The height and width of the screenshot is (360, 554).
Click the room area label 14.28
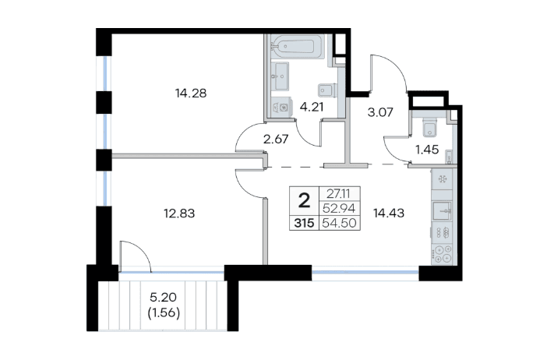[191, 94]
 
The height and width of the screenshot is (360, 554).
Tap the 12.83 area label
[179, 214]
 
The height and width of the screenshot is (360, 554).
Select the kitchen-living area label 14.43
[389, 213]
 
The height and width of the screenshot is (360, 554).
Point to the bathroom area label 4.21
[312, 107]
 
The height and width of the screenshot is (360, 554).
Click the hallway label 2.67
[276, 139]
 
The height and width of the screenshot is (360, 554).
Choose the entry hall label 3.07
[380, 112]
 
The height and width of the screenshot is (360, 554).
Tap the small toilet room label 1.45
[427, 150]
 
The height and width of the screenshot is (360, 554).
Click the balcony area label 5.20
[163, 298]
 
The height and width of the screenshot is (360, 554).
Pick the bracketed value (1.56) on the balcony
[164, 312]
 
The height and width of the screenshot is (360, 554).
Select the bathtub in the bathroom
[298, 47]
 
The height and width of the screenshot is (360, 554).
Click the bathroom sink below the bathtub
[281, 76]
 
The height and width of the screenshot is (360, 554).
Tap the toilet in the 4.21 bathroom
[326, 90]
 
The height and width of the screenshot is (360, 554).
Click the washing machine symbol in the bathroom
[282, 107]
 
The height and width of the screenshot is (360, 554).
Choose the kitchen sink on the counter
[442, 211]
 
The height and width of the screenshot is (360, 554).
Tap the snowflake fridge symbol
[442, 179]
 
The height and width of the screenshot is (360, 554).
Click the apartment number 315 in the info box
[304, 224]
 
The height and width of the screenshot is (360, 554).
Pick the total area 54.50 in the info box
[340, 224]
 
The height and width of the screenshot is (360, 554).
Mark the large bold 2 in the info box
[304, 201]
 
